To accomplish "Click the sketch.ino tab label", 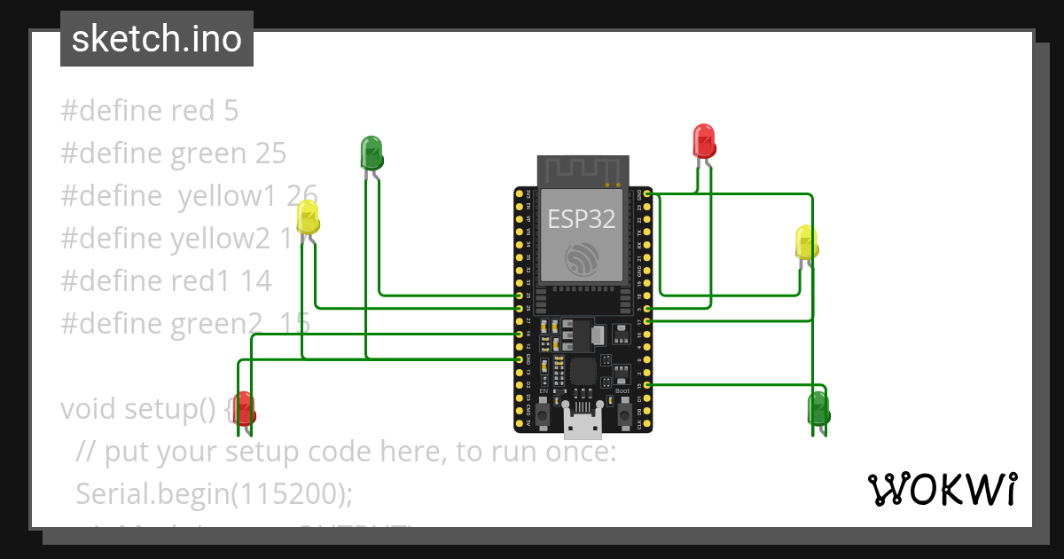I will pos(157,39).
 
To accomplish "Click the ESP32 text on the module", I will pos(582,219).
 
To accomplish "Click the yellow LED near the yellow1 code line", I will pos(308,218).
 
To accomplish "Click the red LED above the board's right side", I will pos(703,141).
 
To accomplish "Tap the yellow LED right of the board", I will pos(806,243).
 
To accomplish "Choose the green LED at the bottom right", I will pos(818,409).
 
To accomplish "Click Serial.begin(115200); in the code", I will pos(215,493).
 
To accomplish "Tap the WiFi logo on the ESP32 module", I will pos(582,258).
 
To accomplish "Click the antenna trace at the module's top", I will pos(582,169).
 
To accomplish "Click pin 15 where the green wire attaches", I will pos(648,384).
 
